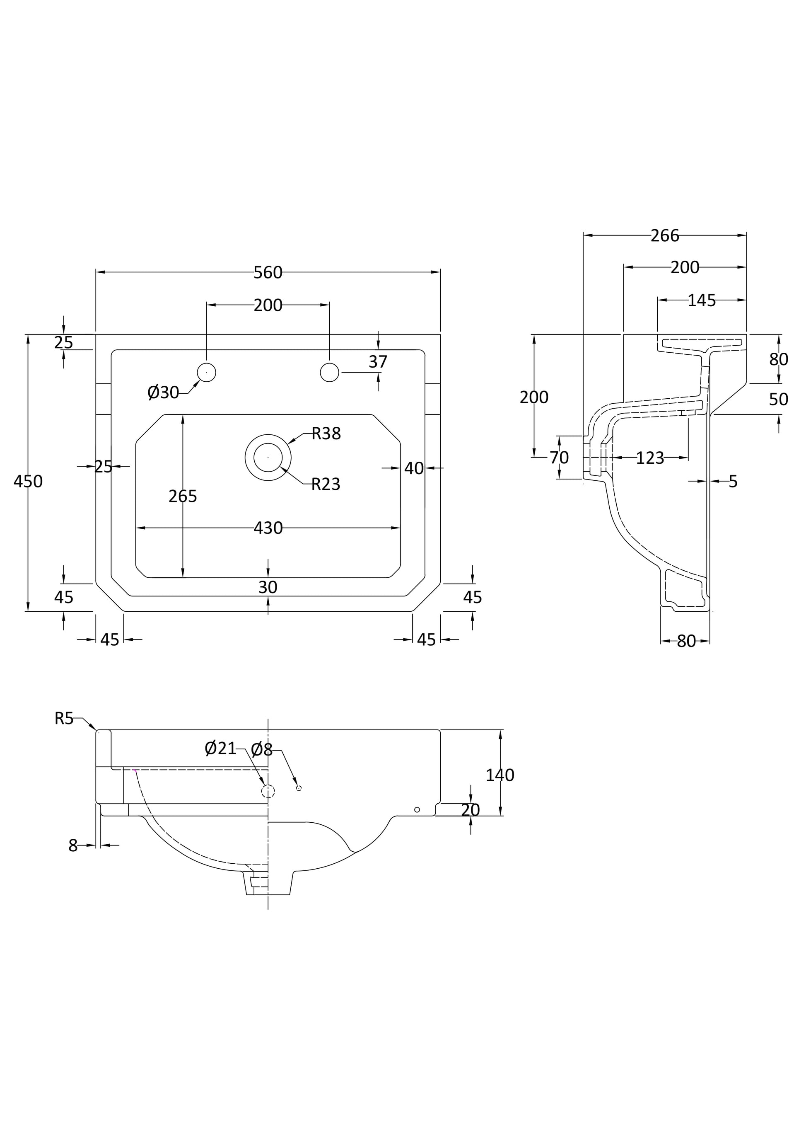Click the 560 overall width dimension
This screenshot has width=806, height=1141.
tap(268, 272)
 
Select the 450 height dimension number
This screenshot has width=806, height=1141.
tap(28, 481)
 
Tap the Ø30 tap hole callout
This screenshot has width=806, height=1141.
tap(163, 392)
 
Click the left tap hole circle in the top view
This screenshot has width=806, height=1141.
tap(207, 372)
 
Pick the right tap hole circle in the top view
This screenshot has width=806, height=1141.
tap(329, 372)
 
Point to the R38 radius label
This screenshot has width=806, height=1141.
tap(326, 434)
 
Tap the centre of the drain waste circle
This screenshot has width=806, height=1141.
tap(268, 457)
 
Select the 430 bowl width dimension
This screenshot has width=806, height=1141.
tap(268, 528)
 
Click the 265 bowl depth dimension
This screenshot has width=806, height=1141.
tap(183, 496)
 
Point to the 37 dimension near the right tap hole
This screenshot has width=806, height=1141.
tap(377, 362)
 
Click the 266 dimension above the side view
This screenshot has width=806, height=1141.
tap(664, 235)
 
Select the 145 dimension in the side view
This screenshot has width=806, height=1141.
tap(701, 300)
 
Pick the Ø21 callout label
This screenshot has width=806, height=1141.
tap(220, 748)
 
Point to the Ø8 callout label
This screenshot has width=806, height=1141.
tap(262, 749)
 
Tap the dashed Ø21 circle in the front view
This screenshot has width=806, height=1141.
tap(268, 791)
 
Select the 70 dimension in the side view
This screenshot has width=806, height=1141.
tap(559, 457)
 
